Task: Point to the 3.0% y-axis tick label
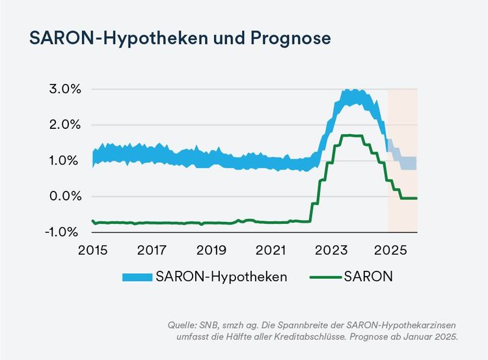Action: [63, 89]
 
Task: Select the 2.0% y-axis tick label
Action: [63, 125]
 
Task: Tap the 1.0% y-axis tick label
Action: [63, 161]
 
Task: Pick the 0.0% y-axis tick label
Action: [63, 197]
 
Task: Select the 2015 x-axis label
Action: [92, 250]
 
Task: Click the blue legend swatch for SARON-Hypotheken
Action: [137, 277]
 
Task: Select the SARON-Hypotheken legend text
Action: [222, 277]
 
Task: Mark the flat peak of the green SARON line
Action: [352, 135]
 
